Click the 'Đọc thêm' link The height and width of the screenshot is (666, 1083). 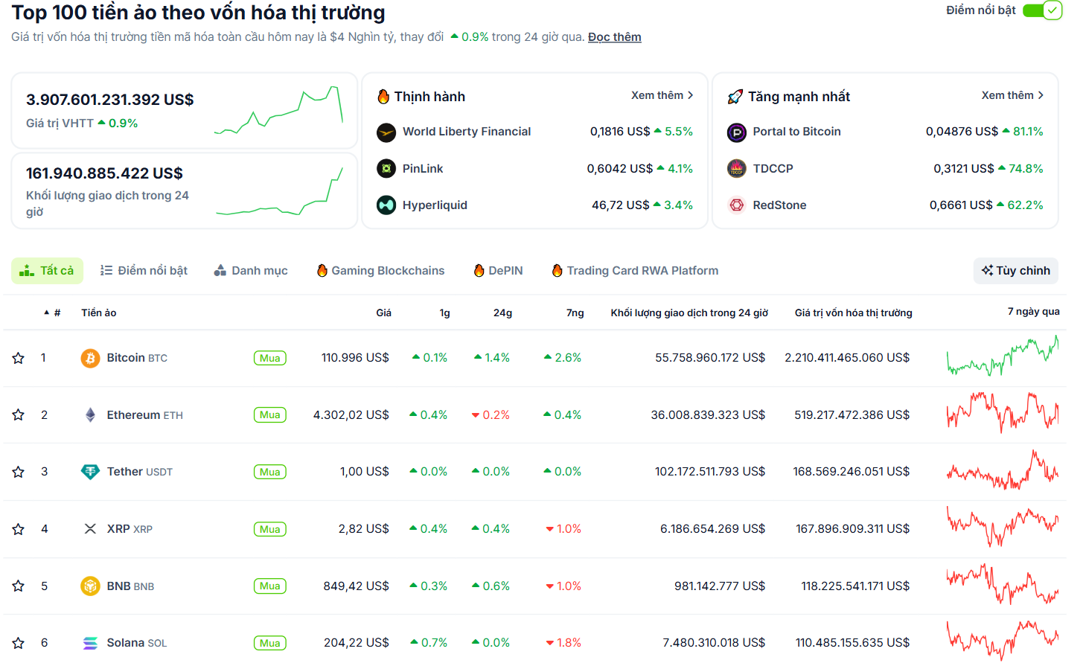[614, 37]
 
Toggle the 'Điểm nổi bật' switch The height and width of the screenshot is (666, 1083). [1041, 10]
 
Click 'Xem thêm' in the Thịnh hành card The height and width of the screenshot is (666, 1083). [662, 95]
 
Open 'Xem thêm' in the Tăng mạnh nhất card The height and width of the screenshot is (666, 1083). [1012, 95]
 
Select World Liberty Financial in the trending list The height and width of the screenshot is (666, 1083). [466, 132]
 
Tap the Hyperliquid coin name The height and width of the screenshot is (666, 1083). [435, 205]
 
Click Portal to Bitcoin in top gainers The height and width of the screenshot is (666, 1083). [796, 132]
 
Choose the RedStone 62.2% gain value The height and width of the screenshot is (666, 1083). [1024, 205]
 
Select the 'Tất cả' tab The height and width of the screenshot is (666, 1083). [47, 271]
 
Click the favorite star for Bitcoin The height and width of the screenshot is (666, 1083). [19, 358]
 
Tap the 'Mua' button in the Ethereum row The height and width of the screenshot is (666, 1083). [269, 415]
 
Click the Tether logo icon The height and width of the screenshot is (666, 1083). [90, 472]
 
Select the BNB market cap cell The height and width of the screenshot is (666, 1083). [854, 586]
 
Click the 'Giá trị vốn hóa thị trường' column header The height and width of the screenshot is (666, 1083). [853, 313]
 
